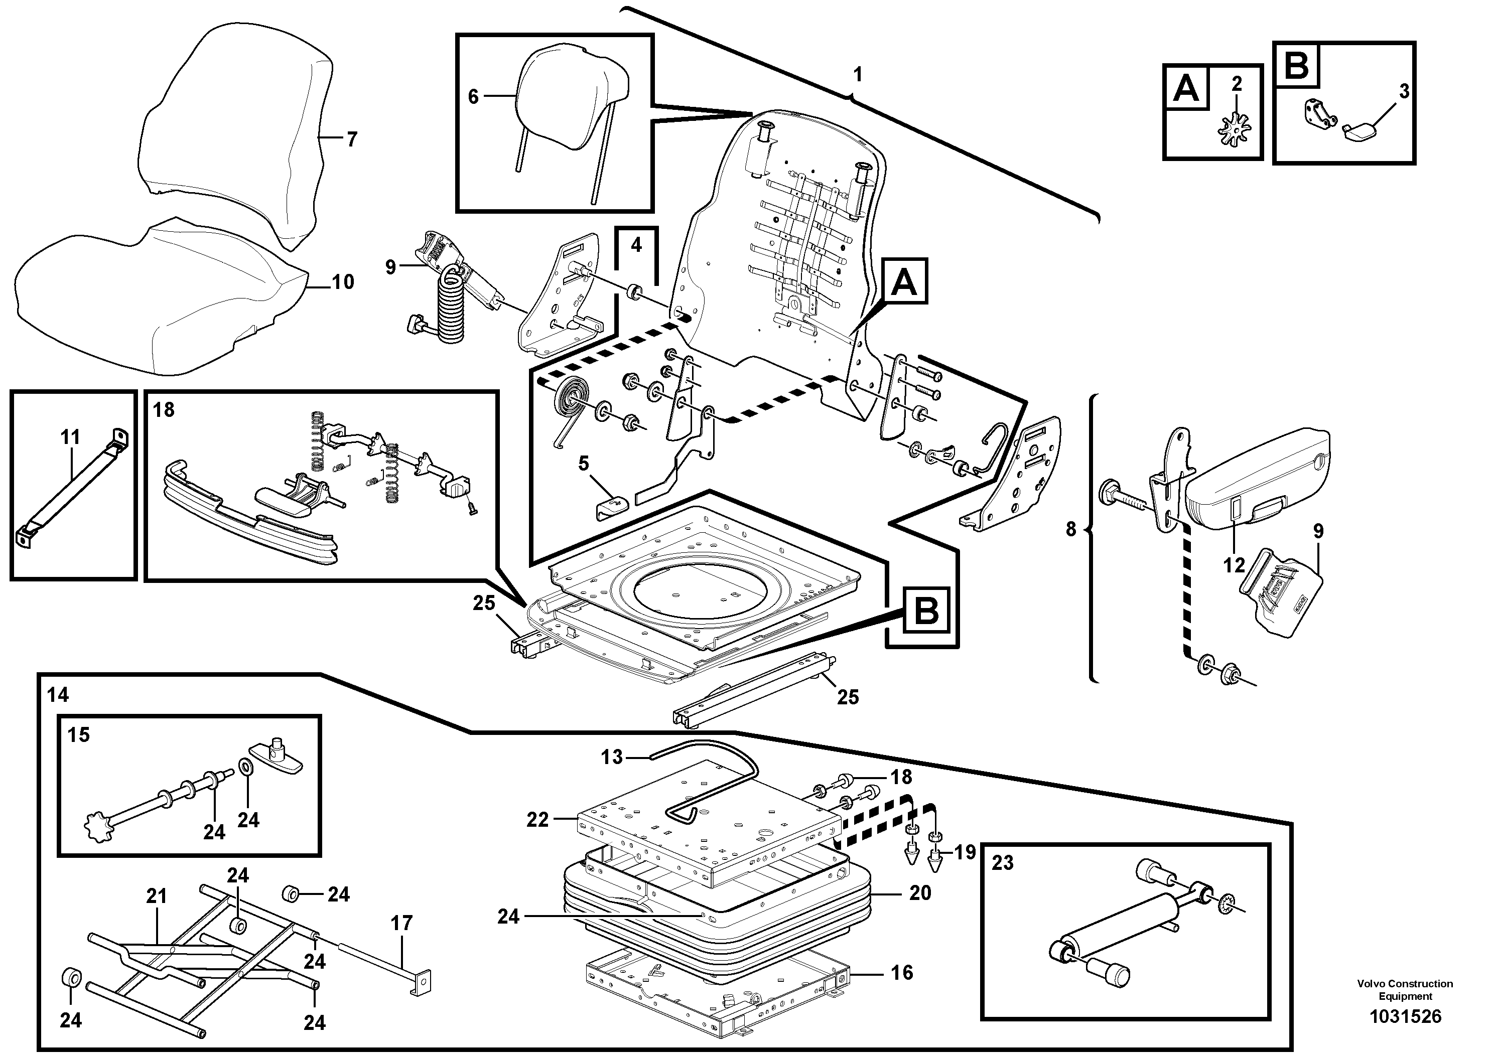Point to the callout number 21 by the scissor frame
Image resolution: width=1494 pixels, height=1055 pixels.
(x=156, y=896)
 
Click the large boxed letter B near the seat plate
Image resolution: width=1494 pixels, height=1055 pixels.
(x=926, y=612)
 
